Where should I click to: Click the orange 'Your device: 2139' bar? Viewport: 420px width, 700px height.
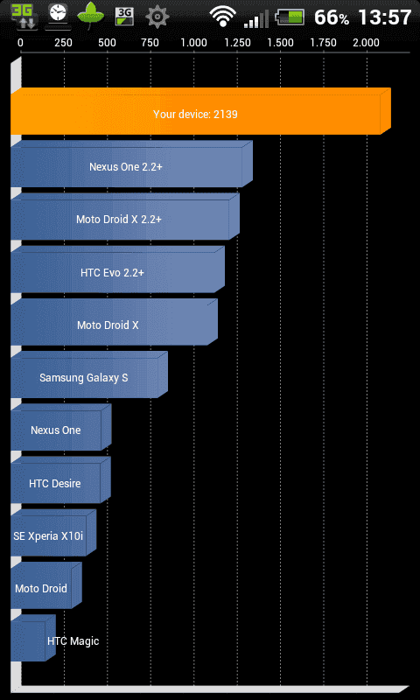(x=200, y=111)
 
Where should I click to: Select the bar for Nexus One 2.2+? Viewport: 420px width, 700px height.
(x=131, y=164)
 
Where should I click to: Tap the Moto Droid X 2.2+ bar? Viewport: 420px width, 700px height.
(x=125, y=216)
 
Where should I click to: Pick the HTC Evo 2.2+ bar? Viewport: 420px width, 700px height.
(x=118, y=269)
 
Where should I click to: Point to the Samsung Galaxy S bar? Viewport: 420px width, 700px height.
(x=89, y=374)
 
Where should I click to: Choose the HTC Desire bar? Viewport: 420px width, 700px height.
(x=60, y=479)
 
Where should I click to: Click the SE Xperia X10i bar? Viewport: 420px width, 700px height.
(x=53, y=533)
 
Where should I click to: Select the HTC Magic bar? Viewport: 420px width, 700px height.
(x=33, y=638)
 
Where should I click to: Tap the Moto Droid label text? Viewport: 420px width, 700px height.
(x=41, y=588)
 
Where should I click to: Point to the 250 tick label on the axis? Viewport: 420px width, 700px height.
(x=63, y=43)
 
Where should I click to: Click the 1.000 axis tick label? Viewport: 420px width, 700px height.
(x=193, y=43)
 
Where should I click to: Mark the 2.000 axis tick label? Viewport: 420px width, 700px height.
(x=366, y=43)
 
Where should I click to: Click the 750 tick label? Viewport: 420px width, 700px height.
(x=150, y=43)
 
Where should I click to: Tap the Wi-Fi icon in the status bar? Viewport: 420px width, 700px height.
(x=223, y=17)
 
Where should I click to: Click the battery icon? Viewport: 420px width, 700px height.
(x=290, y=17)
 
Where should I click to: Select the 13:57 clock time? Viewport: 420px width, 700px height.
(x=385, y=17)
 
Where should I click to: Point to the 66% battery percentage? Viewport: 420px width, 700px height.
(x=332, y=17)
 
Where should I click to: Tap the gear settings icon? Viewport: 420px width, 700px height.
(x=157, y=17)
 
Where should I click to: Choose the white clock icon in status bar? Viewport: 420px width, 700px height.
(x=57, y=16)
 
